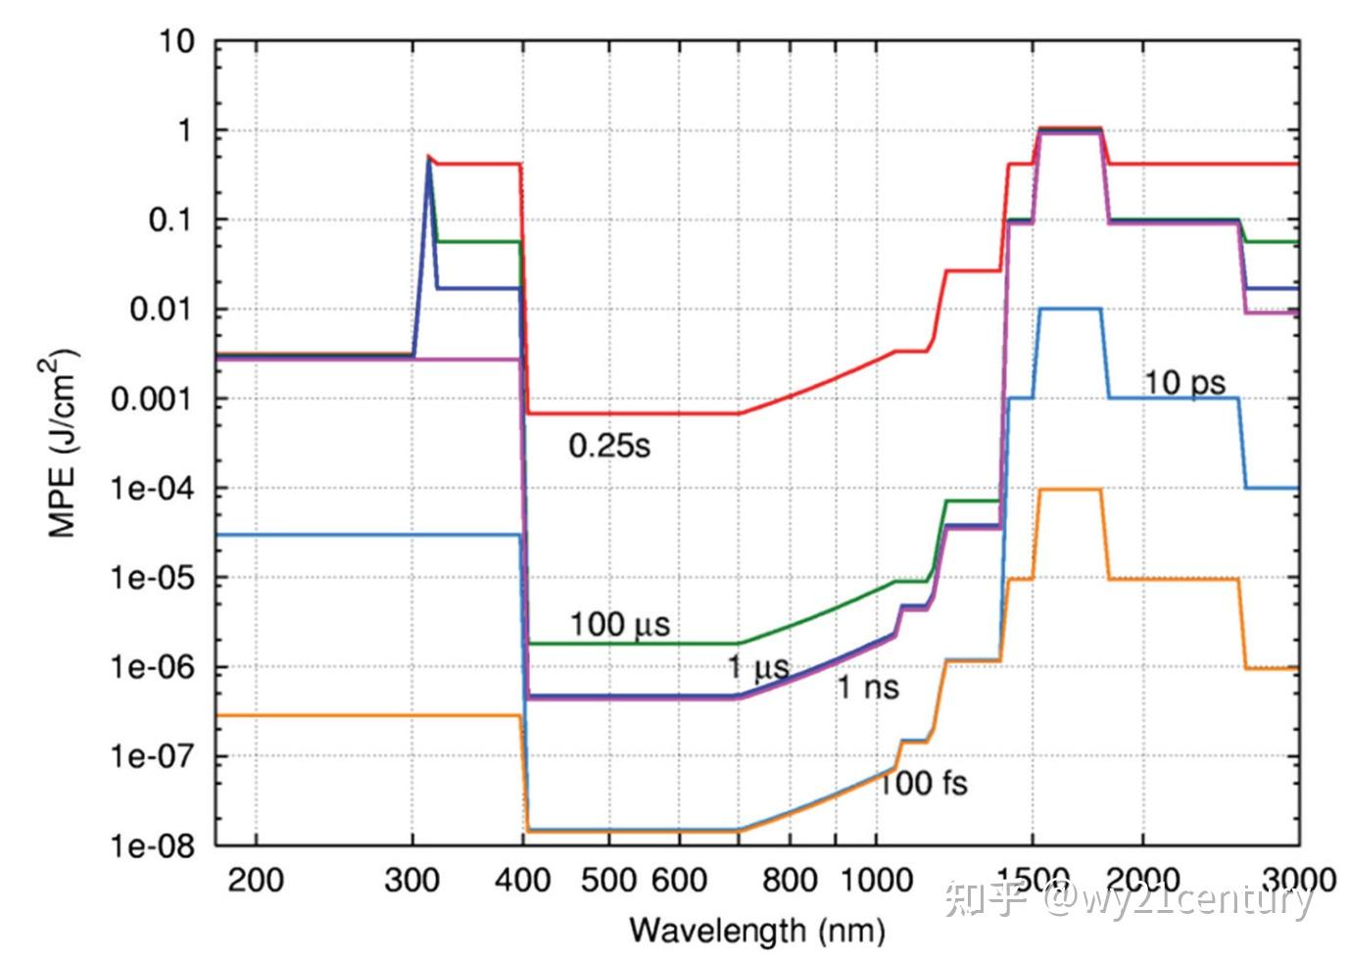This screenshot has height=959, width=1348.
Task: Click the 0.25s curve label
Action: pos(609,447)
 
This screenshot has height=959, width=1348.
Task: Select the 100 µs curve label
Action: pos(620,625)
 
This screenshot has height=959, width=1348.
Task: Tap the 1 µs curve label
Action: pos(758,667)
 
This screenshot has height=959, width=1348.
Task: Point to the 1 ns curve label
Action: pos(868,687)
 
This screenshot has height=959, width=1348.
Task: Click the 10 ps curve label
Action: pos(1184,383)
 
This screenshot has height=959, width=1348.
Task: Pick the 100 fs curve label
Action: pos(924,784)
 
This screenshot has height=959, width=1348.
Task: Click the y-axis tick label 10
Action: pos(176,42)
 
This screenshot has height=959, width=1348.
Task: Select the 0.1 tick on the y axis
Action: pos(169,220)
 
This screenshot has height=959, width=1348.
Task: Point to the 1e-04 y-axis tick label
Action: pos(153,488)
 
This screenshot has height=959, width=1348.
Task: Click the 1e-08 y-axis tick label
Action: pos(153,846)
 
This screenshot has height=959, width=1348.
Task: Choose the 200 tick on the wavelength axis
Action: pos(256,881)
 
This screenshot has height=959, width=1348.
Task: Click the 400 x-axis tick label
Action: pos(522,881)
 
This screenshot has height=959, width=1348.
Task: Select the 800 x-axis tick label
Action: pos(790,881)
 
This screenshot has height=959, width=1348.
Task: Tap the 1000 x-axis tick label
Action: pos(876,881)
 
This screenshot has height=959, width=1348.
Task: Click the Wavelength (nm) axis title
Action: pos(757,931)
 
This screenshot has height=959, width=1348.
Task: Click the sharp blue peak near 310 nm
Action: pos(428,160)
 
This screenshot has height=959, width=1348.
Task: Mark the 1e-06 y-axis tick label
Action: pos(153,667)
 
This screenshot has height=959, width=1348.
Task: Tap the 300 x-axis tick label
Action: pos(412,881)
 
